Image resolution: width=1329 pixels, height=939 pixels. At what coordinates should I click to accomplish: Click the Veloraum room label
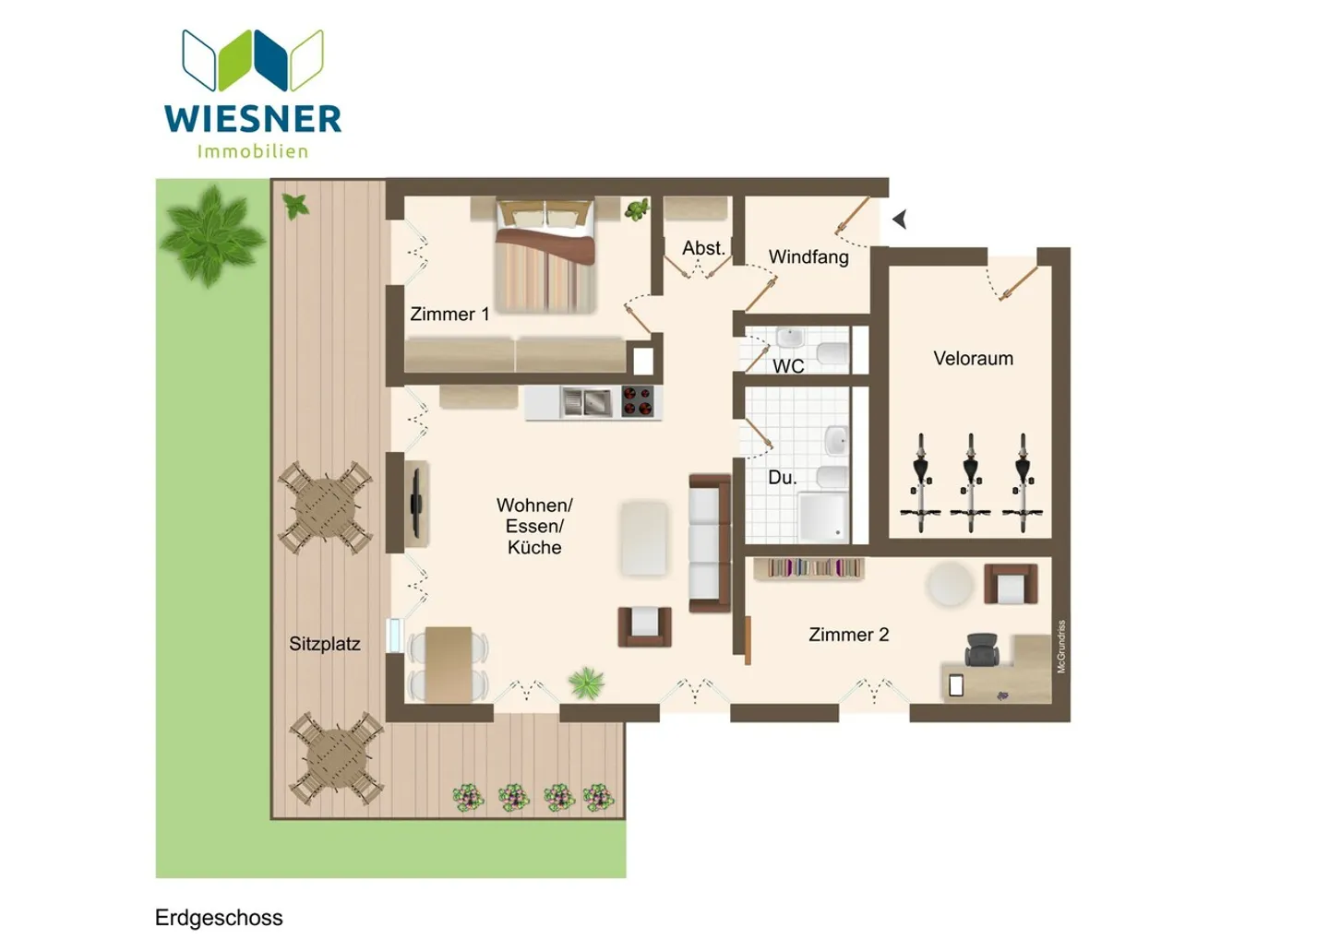(x=973, y=358)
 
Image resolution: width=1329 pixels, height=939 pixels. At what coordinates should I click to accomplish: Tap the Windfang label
(x=808, y=256)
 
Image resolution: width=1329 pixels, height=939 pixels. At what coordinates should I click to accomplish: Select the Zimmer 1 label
(x=449, y=314)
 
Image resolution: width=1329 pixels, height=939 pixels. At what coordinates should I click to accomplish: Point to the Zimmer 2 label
(x=848, y=635)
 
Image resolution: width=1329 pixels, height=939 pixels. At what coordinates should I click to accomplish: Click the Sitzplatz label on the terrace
(x=324, y=644)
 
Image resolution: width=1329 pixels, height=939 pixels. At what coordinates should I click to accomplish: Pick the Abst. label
(x=703, y=248)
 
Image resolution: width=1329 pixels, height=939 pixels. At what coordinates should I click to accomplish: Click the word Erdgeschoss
(x=219, y=918)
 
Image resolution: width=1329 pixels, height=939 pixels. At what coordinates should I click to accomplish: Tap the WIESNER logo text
(x=253, y=119)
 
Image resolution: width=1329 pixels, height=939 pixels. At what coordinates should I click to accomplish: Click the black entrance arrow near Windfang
(x=900, y=220)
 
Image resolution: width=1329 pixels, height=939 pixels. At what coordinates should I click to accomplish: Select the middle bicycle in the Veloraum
(x=971, y=482)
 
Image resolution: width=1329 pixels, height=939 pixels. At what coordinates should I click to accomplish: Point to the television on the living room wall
(x=416, y=503)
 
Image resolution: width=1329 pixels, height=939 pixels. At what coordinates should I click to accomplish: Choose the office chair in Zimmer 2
(x=981, y=649)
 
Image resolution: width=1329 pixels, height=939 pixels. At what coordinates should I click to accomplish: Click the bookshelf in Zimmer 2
(x=808, y=568)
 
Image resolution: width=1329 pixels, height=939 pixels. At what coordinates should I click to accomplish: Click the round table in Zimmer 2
(x=950, y=585)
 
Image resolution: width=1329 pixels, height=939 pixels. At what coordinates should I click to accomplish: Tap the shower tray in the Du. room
(x=823, y=517)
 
